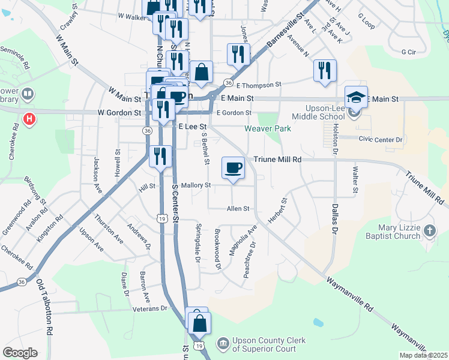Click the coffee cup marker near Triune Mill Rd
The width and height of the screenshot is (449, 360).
pyautogui.click(x=233, y=167)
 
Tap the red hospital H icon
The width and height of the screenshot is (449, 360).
pyautogui.click(x=28, y=119)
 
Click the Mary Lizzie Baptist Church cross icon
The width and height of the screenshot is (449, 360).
pyautogui.click(x=429, y=230)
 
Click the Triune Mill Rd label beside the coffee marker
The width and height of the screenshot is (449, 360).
pyautogui.click(x=285, y=160)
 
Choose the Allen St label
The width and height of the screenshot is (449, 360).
pyautogui.click(x=237, y=209)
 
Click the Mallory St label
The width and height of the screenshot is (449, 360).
pyautogui.click(x=196, y=185)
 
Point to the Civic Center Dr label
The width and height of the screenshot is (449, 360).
pyautogui.click(x=381, y=140)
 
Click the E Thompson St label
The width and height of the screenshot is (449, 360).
pyautogui.click(x=259, y=85)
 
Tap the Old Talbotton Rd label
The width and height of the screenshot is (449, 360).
pyautogui.click(x=44, y=306)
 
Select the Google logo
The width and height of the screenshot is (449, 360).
pyautogui.click(x=20, y=353)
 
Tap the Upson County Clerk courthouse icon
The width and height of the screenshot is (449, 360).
pyautogui.click(x=223, y=344)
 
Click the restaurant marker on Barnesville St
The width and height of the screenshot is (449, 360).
pyautogui.click(x=238, y=55)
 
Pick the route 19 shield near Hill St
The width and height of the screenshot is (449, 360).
pyautogui.click(x=162, y=220)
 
